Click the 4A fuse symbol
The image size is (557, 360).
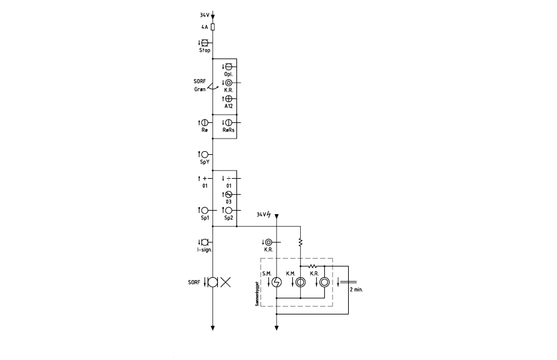[213, 27]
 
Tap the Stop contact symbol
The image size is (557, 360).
[205, 43]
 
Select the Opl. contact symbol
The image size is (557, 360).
[229, 67]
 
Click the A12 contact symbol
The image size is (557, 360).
[229, 98]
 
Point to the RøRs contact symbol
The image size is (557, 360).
[229, 122]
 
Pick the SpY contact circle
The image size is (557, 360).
[205, 154]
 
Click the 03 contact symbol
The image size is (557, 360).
[229, 194]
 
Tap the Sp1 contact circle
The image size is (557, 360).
[205, 211]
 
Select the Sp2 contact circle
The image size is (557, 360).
[229, 211]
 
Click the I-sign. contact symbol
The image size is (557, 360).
[205, 242]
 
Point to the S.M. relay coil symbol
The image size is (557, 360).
[277, 282]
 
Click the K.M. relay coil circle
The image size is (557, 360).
[301, 282]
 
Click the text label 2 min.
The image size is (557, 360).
[357, 290]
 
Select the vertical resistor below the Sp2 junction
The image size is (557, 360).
[301, 242]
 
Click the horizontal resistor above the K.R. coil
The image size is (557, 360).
[313, 266]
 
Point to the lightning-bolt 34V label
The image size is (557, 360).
[264, 214]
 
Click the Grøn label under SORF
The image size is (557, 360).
[200, 89]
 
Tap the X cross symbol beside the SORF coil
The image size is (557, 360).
[226, 282]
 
